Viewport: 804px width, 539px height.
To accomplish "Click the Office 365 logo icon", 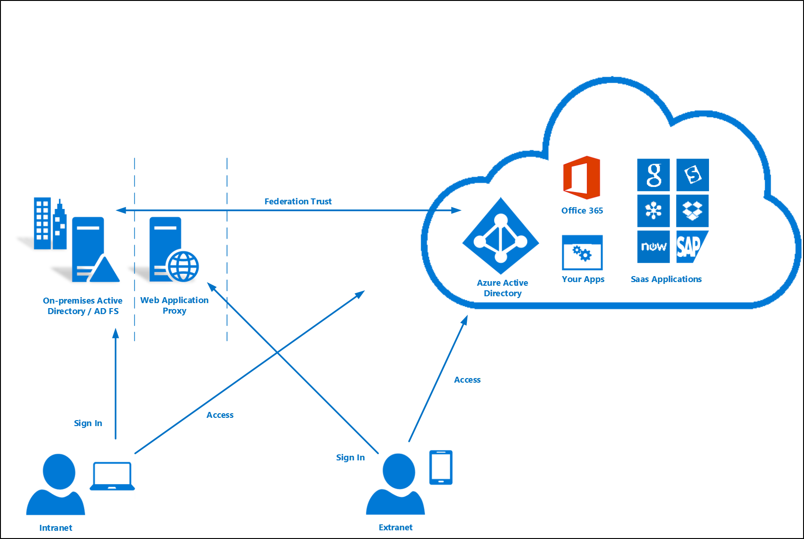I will pyautogui.click(x=582, y=178).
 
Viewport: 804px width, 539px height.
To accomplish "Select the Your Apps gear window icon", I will pyautogui.click(x=582, y=253).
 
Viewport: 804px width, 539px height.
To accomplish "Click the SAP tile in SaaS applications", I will pyautogui.click(x=693, y=247).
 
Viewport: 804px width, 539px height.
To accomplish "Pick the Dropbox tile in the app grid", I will pyautogui.click(x=693, y=211).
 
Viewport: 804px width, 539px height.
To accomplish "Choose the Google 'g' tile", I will pyautogui.click(x=653, y=175).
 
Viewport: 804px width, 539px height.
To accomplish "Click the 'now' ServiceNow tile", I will pyautogui.click(x=653, y=247).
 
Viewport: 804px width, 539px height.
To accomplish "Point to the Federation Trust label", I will pyautogui.click(x=298, y=201).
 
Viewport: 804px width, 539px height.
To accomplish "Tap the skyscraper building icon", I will pyautogui.click(x=50, y=224).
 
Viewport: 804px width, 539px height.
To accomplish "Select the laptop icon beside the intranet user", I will pyautogui.click(x=112, y=476).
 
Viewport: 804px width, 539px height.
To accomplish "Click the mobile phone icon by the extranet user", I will pyautogui.click(x=441, y=467).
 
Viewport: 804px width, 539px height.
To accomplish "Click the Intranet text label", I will pyautogui.click(x=56, y=528).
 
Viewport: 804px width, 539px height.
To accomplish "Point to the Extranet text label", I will pyautogui.click(x=396, y=528).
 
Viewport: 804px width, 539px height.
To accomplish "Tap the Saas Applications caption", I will pyautogui.click(x=666, y=279).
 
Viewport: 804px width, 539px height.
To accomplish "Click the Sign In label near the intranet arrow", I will pyautogui.click(x=88, y=423).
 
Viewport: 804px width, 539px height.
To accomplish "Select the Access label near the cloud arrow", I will pyautogui.click(x=467, y=380).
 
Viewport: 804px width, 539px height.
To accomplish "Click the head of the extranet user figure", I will pyautogui.click(x=398, y=471).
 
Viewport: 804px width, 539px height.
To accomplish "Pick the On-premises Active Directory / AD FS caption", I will pyautogui.click(x=83, y=306).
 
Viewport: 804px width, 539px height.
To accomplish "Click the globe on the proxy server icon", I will pyautogui.click(x=183, y=266).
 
